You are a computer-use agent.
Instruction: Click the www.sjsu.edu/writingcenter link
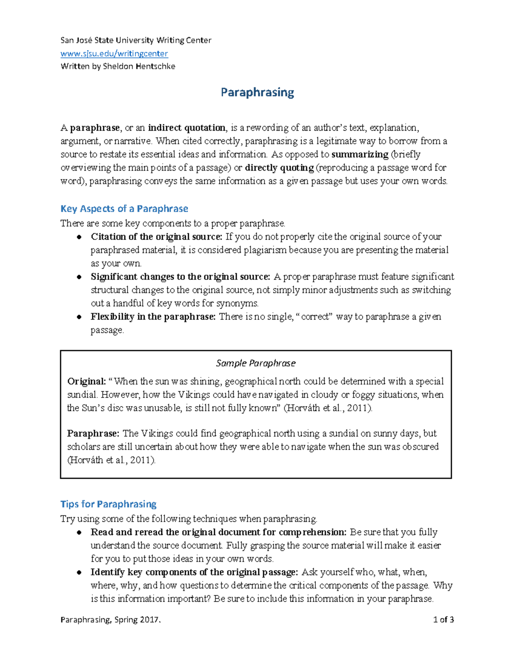(x=114, y=54)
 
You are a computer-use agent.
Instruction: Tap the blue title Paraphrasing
(x=257, y=92)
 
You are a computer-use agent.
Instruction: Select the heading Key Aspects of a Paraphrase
(x=124, y=209)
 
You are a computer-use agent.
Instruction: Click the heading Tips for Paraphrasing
(x=108, y=504)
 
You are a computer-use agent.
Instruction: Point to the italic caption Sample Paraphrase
(x=256, y=363)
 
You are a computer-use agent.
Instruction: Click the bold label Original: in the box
(x=86, y=382)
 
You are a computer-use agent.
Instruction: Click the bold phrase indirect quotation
(x=187, y=128)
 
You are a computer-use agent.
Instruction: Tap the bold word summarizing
(x=360, y=154)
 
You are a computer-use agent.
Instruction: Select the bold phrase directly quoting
(x=279, y=168)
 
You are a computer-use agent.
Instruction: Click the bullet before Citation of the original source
(x=79, y=237)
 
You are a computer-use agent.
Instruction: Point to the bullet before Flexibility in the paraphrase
(x=79, y=317)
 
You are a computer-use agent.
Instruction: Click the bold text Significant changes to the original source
(x=180, y=277)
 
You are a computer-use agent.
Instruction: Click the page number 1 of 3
(x=443, y=620)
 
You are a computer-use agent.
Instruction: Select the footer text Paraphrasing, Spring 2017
(x=111, y=620)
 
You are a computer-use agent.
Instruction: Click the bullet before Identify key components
(x=79, y=573)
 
